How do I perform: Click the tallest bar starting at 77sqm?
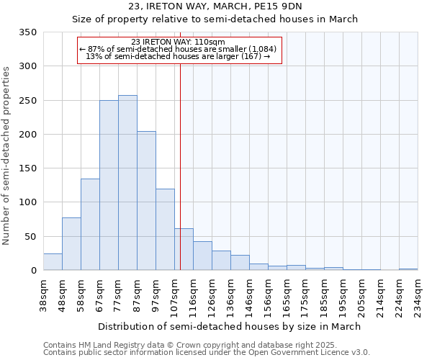pos(127,183)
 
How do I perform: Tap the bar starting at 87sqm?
pos(146,201)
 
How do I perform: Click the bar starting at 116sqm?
pos(202,256)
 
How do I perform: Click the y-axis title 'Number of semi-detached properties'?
pos(7,156)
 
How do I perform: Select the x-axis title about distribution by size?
pos(230,326)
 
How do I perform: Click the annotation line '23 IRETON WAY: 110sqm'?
pos(179,42)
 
